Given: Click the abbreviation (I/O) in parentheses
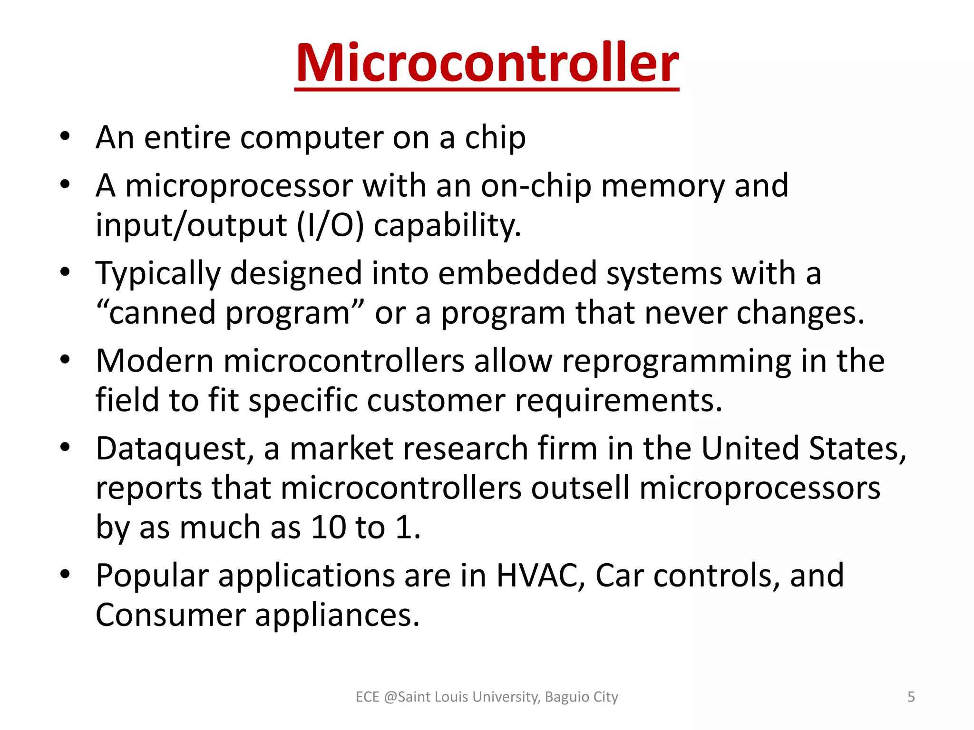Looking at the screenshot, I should point(330,225).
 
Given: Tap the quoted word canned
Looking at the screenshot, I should point(162,313).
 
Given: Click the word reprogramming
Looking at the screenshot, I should point(676,361).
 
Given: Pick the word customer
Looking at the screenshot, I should point(436,400).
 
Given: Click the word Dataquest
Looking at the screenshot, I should point(171,449).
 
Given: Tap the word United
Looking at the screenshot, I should point(750,449).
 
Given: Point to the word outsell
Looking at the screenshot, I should point(580,488).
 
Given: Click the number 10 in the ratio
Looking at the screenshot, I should point(328,528).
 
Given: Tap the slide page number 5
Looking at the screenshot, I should point(911,697).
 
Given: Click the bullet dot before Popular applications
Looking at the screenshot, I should point(65,574).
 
